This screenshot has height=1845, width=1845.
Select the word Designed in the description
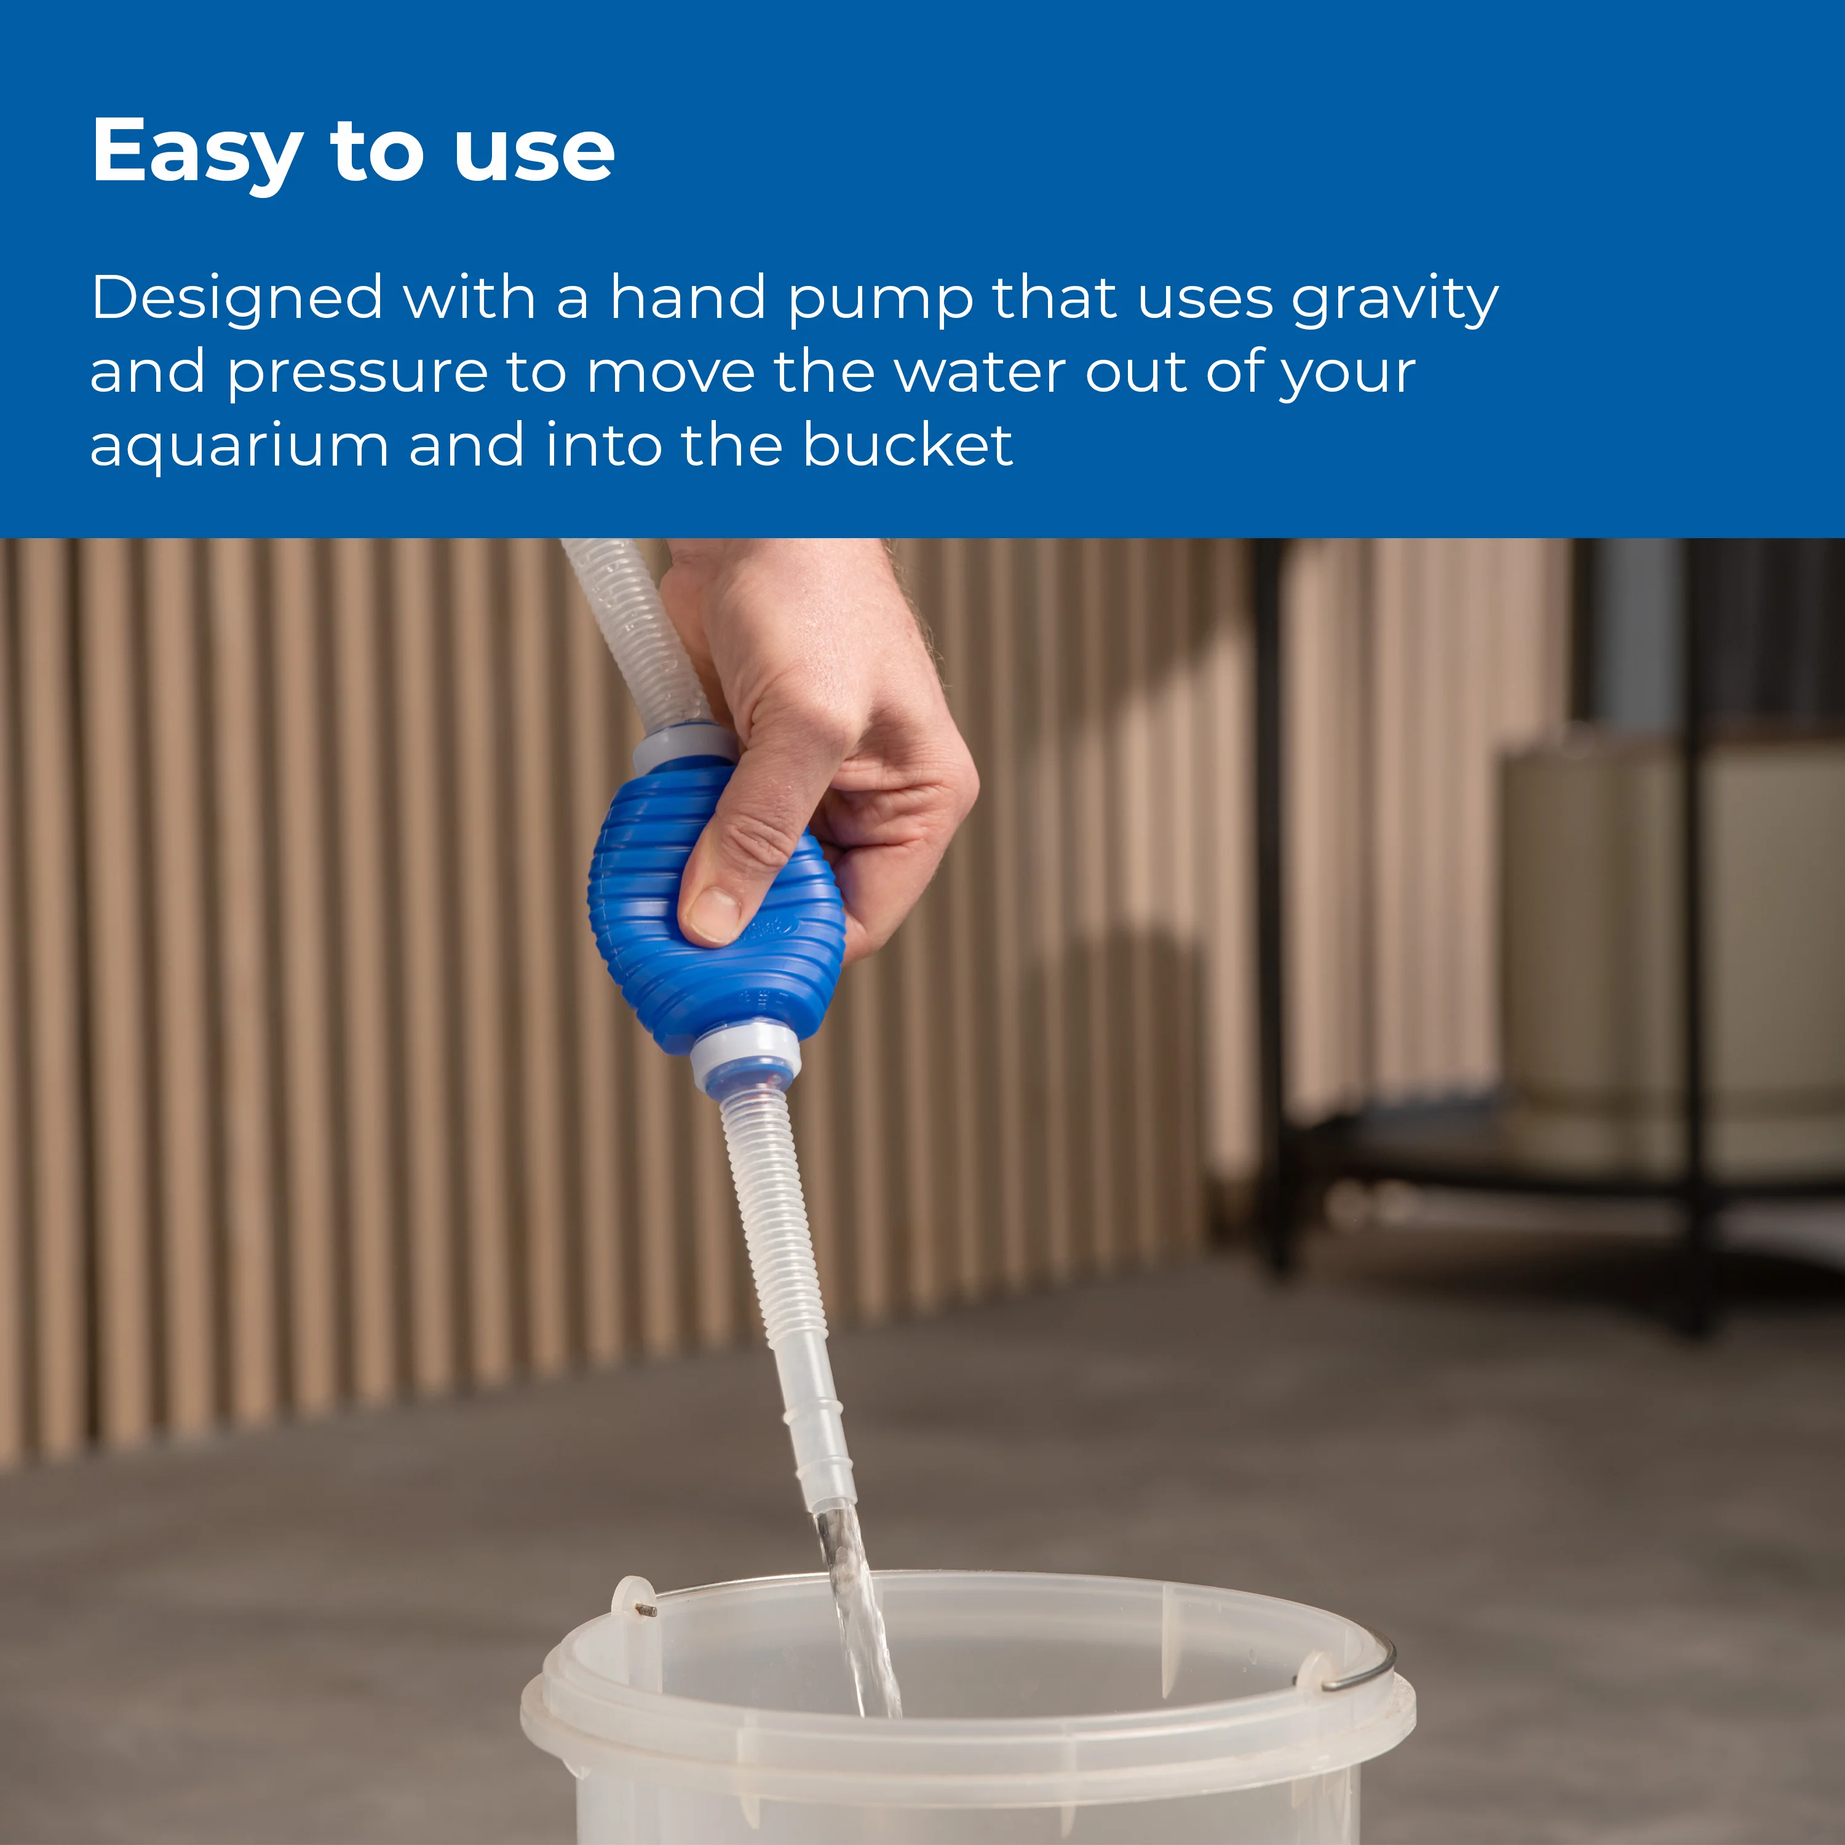[237, 298]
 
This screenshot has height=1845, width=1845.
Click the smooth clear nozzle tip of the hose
[819, 1432]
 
